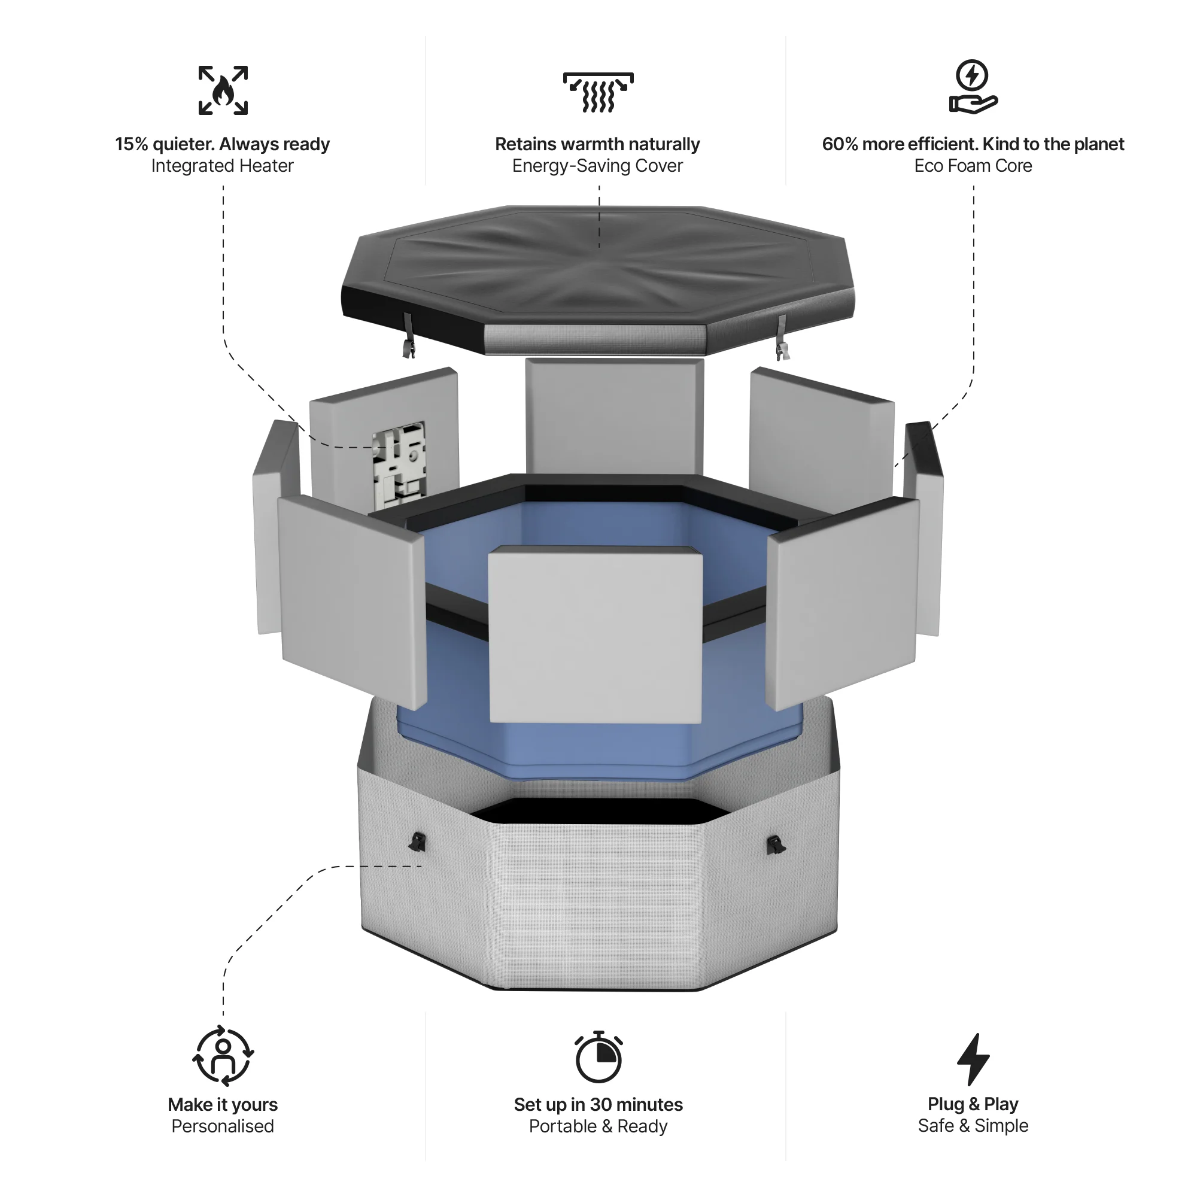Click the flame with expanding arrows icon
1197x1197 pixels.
point(223,90)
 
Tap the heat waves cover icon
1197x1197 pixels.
point(598,92)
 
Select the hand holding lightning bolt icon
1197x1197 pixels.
point(973,87)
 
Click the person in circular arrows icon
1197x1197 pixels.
point(223,1056)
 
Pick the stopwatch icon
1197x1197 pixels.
point(598,1057)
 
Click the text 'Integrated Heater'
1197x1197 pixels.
point(222,166)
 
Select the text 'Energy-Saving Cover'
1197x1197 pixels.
point(597,166)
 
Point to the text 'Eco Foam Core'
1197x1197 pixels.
point(973,166)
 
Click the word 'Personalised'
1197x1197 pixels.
point(223,1126)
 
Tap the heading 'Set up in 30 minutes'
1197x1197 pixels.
point(598,1104)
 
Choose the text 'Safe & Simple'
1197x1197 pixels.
point(973,1125)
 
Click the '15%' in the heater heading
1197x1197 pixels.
point(131,144)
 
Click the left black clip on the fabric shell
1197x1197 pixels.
point(418,842)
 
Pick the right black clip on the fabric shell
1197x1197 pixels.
point(775,844)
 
